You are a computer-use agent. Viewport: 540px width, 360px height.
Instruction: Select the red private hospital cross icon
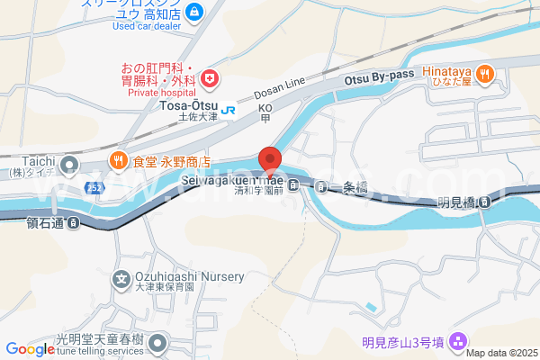pyautogui.click(x=210, y=79)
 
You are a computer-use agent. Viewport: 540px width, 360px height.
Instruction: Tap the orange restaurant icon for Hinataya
pyautogui.click(x=485, y=74)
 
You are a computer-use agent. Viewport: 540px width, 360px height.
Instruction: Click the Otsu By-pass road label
pyautogui.click(x=378, y=79)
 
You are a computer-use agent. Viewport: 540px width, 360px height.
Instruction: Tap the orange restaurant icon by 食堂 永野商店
pyautogui.click(x=118, y=161)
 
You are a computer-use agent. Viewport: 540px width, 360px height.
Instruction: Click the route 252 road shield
pyautogui.click(x=94, y=187)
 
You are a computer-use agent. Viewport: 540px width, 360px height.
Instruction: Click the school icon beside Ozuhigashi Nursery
pyautogui.click(x=121, y=279)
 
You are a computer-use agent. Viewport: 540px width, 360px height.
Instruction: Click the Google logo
pyautogui.click(x=30, y=349)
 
